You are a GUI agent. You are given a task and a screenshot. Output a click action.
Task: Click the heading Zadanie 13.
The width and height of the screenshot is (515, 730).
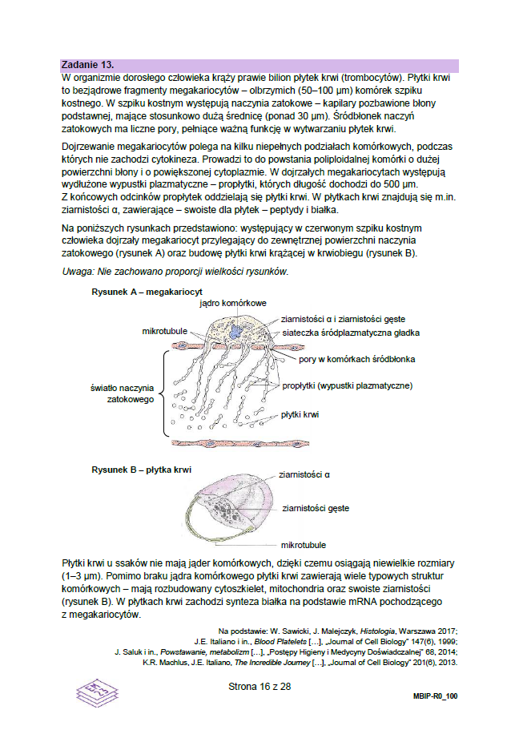(88, 64)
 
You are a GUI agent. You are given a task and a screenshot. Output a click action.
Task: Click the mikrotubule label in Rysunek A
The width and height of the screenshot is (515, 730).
(167, 331)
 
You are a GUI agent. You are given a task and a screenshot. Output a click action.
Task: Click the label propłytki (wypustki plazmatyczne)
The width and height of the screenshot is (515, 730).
(347, 386)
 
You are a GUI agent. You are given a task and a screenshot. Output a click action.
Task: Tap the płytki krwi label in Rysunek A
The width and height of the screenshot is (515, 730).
(300, 415)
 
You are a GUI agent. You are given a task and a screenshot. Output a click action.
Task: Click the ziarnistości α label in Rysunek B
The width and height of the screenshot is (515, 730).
(304, 475)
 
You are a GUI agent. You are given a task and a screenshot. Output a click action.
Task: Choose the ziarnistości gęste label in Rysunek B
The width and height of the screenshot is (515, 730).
(316, 508)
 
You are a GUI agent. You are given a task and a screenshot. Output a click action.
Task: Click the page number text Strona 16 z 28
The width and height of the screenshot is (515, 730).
(259, 687)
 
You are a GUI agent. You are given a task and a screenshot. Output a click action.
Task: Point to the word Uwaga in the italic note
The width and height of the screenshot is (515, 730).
(78, 272)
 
